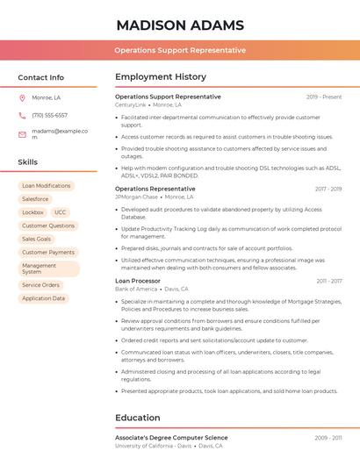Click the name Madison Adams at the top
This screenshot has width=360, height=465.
180,25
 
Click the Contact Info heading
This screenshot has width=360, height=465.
41,77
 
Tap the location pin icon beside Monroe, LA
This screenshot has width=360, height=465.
22,97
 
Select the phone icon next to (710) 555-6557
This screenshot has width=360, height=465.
22,115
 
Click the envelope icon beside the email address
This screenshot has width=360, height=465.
22,134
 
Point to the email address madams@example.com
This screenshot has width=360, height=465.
60,134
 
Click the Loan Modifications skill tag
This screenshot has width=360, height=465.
47,186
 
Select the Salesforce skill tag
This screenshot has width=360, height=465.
36,199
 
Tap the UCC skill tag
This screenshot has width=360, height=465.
60,212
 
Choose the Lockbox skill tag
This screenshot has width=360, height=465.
32,212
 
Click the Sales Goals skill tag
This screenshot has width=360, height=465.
37,239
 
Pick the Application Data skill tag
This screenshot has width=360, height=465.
44,298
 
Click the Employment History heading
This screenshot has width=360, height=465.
161,77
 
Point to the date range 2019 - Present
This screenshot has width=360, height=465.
324,97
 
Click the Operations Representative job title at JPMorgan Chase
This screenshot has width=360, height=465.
155,189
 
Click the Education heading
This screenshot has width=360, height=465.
138,418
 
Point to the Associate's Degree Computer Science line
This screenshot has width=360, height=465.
171,437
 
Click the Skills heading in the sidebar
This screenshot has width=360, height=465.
28,162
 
